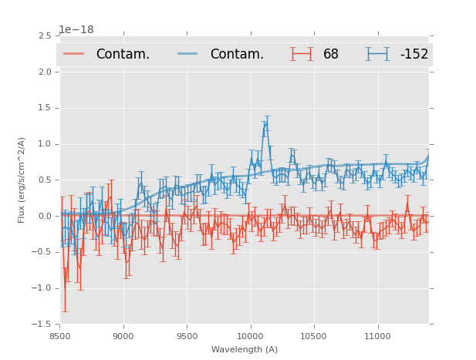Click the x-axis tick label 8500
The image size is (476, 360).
click(60, 336)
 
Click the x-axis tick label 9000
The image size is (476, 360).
click(123, 336)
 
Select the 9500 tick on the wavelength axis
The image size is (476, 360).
click(187, 336)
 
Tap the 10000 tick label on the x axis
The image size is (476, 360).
click(250, 336)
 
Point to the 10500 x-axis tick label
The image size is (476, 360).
click(314, 336)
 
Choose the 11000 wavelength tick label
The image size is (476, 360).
click(377, 336)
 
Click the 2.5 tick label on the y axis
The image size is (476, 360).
click(44, 36)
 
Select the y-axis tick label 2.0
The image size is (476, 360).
click(44, 72)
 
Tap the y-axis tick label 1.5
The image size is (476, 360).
click(44, 108)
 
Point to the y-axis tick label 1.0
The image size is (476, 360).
click(44, 144)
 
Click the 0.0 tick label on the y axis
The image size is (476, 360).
click(44, 216)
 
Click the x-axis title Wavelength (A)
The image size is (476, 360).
click(245, 349)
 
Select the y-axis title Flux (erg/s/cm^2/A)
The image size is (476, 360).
click(22, 180)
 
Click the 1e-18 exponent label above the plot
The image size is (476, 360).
click(79, 30)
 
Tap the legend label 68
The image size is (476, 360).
click(331, 55)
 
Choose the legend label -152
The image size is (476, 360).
click(414, 55)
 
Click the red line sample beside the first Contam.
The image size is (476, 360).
click(75, 54)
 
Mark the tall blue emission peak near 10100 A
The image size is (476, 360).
click(265, 123)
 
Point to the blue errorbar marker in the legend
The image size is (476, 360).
click(378, 54)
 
